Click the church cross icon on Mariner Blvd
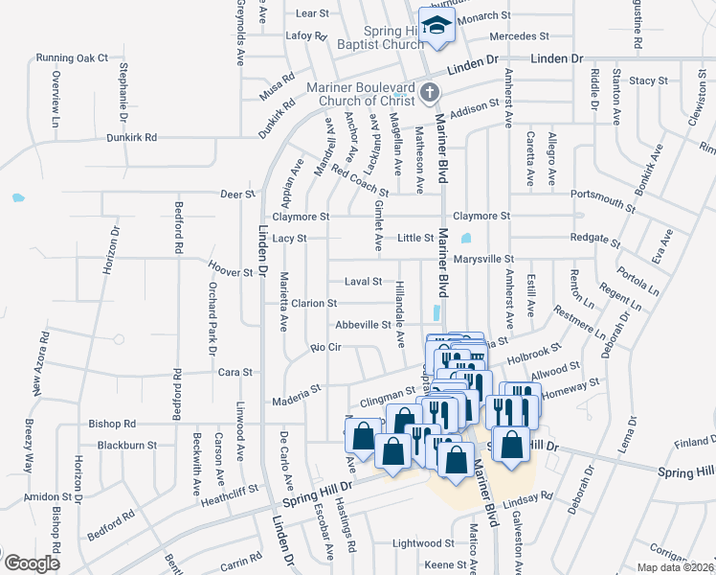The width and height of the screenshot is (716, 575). click(430, 93)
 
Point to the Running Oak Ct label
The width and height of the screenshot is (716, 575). click(73, 57)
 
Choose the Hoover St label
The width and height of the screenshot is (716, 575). click(230, 261)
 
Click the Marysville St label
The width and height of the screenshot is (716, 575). click(483, 259)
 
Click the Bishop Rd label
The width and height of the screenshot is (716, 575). click(112, 423)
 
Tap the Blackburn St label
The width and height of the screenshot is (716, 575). click(126, 445)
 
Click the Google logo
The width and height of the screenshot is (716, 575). click(31, 563)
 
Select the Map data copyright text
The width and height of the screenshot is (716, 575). click(675, 567)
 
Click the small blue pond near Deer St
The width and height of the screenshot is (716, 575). click(17, 199)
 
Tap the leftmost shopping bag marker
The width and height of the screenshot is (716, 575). click(364, 437)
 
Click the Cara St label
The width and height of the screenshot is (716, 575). click(235, 372)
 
